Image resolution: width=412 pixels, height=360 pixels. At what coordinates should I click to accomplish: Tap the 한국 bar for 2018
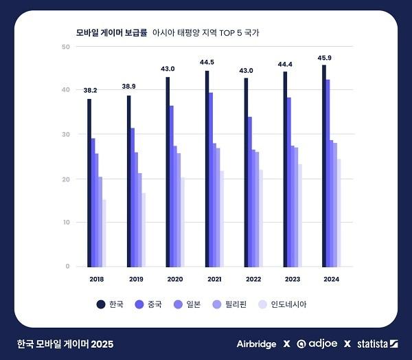pyautogui.click(x=89, y=183)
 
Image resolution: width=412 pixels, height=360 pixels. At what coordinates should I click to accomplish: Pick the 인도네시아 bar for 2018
pyautogui.click(x=104, y=233)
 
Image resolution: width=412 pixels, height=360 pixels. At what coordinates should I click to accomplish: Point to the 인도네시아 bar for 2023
pyautogui.click(x=300, y=215)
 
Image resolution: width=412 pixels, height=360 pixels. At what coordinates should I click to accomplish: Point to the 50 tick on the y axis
pyautogui.click(x=66, y=47)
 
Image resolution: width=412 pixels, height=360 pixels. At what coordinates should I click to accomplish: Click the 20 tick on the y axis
pyautogui.click(x=66, y=179)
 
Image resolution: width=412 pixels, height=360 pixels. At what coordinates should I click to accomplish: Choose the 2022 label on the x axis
pyautogui.click(x=253, y=279)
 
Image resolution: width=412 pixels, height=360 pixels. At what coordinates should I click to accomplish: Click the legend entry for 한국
pyautogui.click(x=110, y=304)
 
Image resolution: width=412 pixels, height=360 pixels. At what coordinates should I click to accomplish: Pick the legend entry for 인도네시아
pyautogui.click(x=283, y=304)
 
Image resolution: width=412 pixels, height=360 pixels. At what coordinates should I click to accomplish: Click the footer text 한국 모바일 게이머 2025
pyautogui.click(x=65, y=344)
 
